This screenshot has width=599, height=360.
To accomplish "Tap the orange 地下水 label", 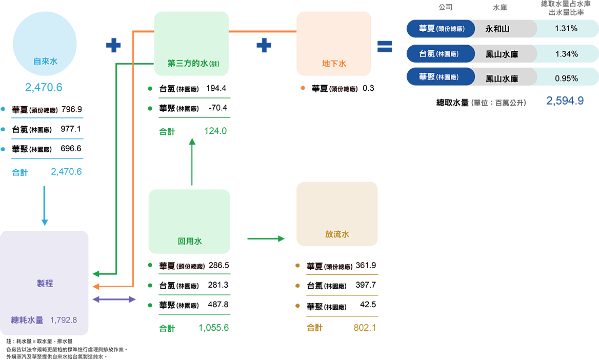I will [334, 64].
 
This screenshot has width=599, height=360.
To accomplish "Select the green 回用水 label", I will [189, 241].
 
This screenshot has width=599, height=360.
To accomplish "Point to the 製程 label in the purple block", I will [45, 283].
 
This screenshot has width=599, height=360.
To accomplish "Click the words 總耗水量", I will [28, 320].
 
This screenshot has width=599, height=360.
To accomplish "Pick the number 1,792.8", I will [64, 320].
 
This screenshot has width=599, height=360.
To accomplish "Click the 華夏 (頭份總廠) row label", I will [442, 29].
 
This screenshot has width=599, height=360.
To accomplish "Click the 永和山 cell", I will [497, 29].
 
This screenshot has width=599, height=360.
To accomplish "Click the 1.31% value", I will [566, 29].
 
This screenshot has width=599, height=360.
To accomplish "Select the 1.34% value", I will [566, 54].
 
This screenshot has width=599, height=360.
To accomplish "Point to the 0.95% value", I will [566, 78].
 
